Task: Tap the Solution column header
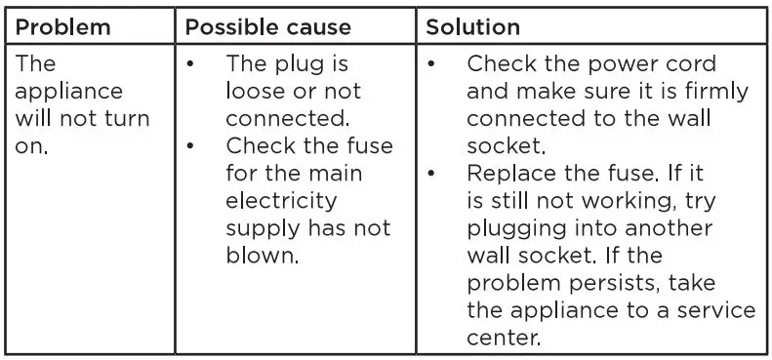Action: [x=473, y=26]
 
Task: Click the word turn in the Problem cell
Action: [x=129, y=119]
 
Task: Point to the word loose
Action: [x=260, y=92]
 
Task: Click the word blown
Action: [x=263, y=257]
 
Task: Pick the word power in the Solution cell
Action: [x=617, y=64]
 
